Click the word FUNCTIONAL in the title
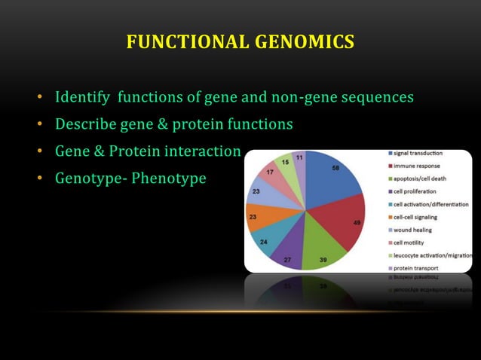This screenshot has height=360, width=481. coord(185,42)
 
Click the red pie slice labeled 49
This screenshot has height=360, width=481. coord(348,223)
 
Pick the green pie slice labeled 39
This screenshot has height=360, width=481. coord(320,252)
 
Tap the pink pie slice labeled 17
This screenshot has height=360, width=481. coord(270,175)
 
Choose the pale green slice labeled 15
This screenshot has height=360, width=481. coord(285,164)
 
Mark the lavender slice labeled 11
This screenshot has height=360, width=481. coord(299,160)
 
